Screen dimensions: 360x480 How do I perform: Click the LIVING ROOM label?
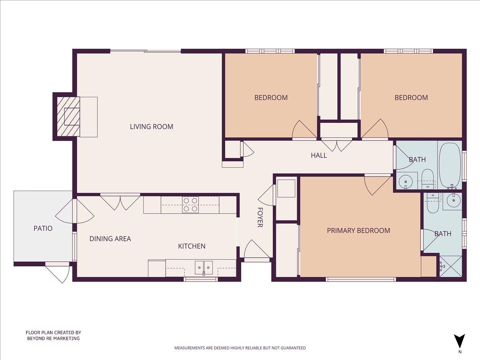(151, 127)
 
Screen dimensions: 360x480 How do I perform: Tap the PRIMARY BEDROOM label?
(358, 230)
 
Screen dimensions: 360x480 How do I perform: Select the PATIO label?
(43, 228)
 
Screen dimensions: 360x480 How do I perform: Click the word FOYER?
(260, 217)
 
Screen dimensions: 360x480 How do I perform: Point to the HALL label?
(319, 155)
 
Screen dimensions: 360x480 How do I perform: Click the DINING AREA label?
(110, 239)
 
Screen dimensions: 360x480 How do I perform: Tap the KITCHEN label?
(192, 246)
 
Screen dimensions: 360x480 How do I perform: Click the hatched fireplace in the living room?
(68, 116)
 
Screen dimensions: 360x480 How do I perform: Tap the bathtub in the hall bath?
(450, 164)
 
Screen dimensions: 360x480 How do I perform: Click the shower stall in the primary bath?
(451, 266)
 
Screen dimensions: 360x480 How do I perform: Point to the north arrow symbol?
(460, 341)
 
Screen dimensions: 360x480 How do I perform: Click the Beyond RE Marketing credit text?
(53, 335)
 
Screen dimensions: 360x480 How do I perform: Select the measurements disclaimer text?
(240, 348)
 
